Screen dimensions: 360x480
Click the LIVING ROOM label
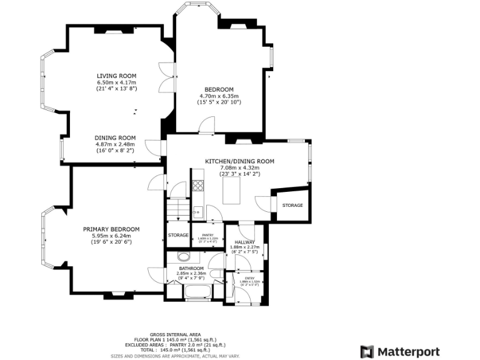pos(116,76)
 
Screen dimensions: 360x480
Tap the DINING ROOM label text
pos(115,137)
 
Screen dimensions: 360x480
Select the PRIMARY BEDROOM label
pos(111,229)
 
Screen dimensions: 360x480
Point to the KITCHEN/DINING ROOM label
pos(239,161)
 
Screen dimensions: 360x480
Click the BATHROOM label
pos(191,267)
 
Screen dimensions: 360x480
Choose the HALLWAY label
pos(244,242)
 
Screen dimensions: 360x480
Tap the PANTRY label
pos(207,234)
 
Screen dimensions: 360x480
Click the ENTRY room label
pos(249,277)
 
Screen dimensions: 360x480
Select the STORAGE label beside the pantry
pos(178,235)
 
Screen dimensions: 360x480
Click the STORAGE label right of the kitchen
pos(292,205)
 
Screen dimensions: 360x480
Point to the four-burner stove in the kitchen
pos(198,185)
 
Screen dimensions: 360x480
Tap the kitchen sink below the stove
pos(197,211)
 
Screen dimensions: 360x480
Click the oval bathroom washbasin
pos(184,256)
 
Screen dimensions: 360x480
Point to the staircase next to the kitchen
pos(179,209)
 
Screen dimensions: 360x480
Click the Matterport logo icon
pos(367,352)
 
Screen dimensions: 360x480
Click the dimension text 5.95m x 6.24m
pos(111,236)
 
